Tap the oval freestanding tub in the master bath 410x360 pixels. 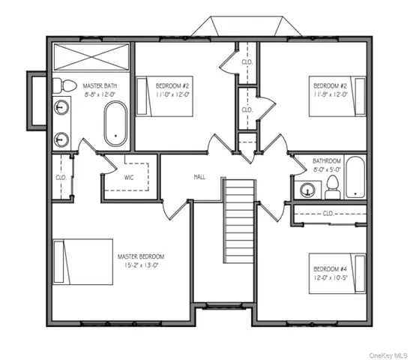tap(116, 123)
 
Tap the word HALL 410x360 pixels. tap(199, 177)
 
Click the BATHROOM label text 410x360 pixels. tap(327, 160)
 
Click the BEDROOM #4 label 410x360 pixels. tap(330, 268)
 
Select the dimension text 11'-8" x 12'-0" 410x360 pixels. tap(330, 95)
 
